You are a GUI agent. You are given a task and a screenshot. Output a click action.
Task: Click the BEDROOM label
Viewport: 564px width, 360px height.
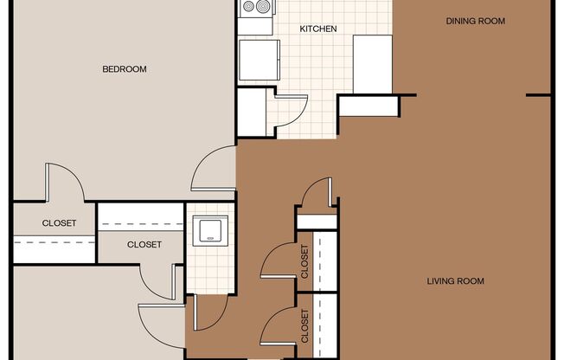point(125,68)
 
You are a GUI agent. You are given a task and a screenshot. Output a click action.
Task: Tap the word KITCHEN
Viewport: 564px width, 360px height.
point(318,29)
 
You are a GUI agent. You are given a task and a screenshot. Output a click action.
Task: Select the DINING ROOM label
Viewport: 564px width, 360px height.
point(476,21)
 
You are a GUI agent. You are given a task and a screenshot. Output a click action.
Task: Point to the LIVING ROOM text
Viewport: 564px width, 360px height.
point(455,280)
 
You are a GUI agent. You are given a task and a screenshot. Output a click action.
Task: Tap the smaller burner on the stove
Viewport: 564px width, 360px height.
point(249,6)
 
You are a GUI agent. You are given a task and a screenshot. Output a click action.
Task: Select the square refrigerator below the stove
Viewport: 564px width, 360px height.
point(260,60)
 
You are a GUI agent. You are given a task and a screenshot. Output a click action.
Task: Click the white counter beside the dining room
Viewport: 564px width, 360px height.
point(373,64)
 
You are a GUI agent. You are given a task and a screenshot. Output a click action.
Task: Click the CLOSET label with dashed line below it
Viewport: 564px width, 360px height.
point(59,223)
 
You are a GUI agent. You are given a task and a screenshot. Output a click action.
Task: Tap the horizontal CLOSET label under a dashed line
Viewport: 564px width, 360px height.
point(144,245)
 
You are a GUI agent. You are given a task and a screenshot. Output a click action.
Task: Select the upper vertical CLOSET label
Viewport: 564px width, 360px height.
point(304,261)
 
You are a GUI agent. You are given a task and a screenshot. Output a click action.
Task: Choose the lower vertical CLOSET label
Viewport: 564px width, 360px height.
point(304,325)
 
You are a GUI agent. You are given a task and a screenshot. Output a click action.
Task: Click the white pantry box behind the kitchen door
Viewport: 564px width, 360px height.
point(252,112)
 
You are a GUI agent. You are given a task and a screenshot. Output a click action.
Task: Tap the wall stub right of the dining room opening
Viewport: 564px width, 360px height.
point(539,95)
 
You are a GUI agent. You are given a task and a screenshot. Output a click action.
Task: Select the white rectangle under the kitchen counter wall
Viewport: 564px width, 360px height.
point(369,106)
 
